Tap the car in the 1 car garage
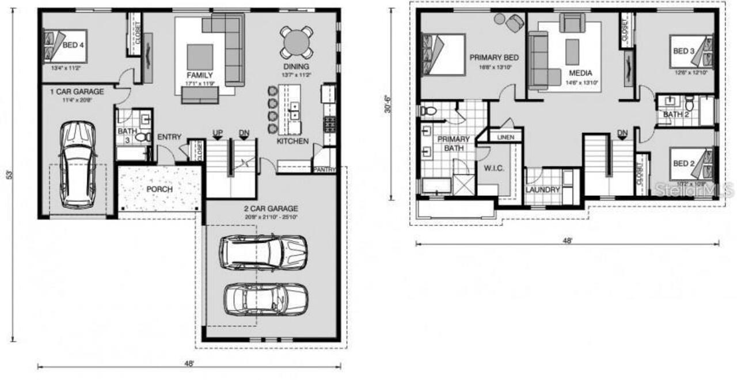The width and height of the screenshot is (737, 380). (x=78, y=164)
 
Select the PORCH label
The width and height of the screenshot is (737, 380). (x=159, y=189)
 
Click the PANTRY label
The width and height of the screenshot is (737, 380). (x=324, y=170)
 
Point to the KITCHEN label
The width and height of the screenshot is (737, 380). (x=292, y=141)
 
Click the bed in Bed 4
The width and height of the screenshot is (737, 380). (x=64, y=46)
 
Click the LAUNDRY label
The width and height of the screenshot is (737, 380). (x=542, y=189)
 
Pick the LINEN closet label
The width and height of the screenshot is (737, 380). (x=505, y=138)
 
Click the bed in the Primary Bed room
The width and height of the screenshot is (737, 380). (x=443, y=54)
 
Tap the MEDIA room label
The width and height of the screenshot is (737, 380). (x=580, y=74)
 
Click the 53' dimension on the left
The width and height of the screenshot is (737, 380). (x=7, y=176)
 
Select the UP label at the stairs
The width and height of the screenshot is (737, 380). (x=218, y=133)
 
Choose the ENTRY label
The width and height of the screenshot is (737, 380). (x=169, y=137)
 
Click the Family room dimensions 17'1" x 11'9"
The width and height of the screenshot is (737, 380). (x=200, y=83)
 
